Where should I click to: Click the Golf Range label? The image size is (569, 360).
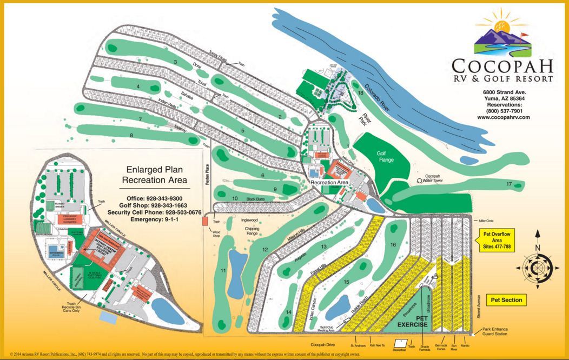click(385, 157)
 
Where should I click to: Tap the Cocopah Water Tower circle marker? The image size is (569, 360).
click(419, 181)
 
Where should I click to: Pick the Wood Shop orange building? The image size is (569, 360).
click(205, 221)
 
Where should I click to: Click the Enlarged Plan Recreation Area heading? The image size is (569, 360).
click(155, 174)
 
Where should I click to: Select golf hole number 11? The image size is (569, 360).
click(223, 270)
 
